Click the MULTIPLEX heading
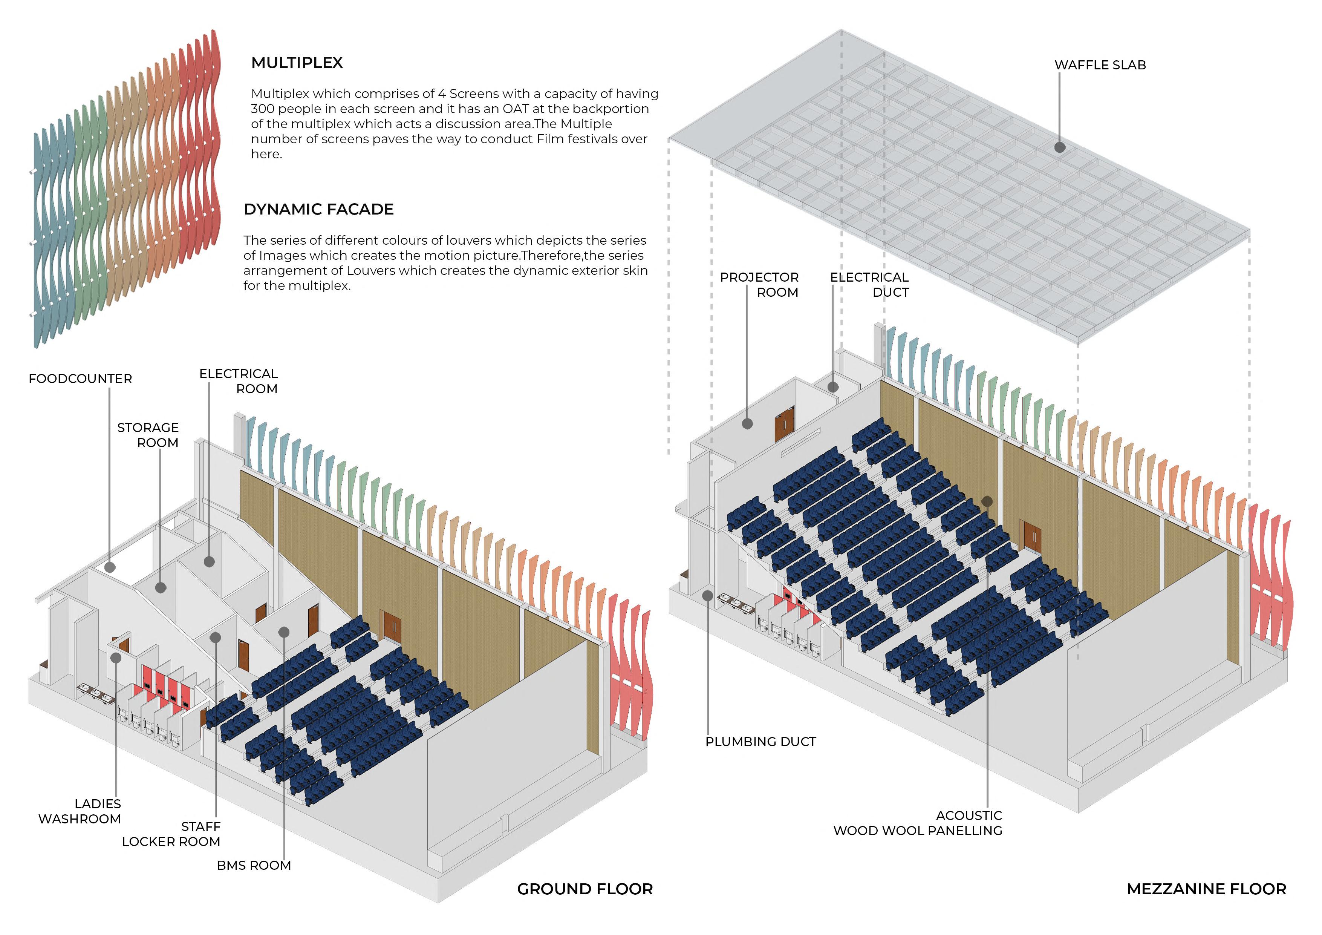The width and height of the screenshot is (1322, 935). pyautogui.click(x=297, y=63)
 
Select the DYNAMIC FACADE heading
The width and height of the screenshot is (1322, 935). pyautogui.click(x=318, y=209)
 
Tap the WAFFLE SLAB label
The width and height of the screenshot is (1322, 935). pyautogui.click(x=1100, y=65)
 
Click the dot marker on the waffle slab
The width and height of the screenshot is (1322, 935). pyautogui.click(x=1059, y=147)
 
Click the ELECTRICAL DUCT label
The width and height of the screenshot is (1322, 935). pyautogui.click(x=869, y=285)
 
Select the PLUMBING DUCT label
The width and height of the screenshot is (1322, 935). pyautogui.click(x=760, y=742)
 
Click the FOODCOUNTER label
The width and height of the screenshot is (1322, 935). pyautogui.click(x=80, y=379)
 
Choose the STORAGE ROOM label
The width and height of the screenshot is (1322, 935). pyautogui.click(x=148, y=435)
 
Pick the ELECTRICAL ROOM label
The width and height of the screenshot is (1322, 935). pyautogui.click(x=239, y=381)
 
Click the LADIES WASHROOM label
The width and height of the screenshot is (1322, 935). pyautogui.click(x=80, y=811)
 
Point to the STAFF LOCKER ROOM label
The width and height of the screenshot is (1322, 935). pyautogui.click(x=171, y=834)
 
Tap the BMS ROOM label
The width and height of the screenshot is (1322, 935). pyautogui.click(x=254, y=865)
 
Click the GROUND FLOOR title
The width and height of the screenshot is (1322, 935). pyautogui.click(x=585, y=889)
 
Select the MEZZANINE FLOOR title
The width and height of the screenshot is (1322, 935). pyautogui.click(x=1206, y=889)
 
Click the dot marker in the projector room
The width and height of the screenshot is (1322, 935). pyautogui.click(x=747, y=423)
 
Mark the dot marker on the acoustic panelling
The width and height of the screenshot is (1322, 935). pyautogui.click(x=987, y=501)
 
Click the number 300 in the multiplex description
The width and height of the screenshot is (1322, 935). pyautogui.click(x=262, y=109)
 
